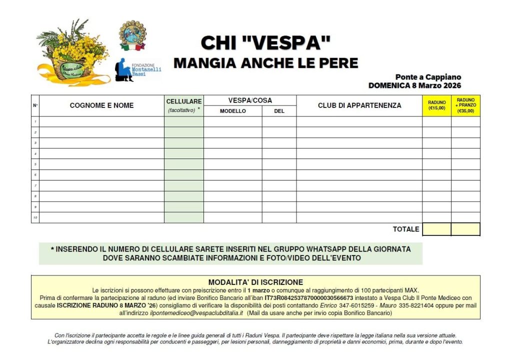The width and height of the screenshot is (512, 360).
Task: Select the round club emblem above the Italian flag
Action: (132, 34)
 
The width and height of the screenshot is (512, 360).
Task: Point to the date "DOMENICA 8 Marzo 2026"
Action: (414, 85)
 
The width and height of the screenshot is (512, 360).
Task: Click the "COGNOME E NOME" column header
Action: (101, 105)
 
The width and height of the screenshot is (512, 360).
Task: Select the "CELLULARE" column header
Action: (183, 101)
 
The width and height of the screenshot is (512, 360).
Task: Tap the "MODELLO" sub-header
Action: (232, 111)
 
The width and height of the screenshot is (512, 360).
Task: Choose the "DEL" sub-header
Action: (279, 111)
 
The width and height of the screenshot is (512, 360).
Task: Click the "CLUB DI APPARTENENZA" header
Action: (359, 105)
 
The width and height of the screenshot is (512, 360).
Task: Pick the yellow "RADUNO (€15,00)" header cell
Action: (436, 105)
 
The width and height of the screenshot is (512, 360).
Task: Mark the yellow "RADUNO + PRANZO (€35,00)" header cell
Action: (465, 105)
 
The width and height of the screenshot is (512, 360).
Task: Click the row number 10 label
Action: (35, 217)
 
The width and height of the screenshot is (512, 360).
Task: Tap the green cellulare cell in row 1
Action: (183, 121)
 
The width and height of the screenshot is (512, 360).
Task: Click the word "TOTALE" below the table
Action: (406, 229)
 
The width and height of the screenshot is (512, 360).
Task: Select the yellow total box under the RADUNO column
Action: (436, 229)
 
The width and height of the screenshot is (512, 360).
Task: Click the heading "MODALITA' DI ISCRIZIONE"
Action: (255, 282)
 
